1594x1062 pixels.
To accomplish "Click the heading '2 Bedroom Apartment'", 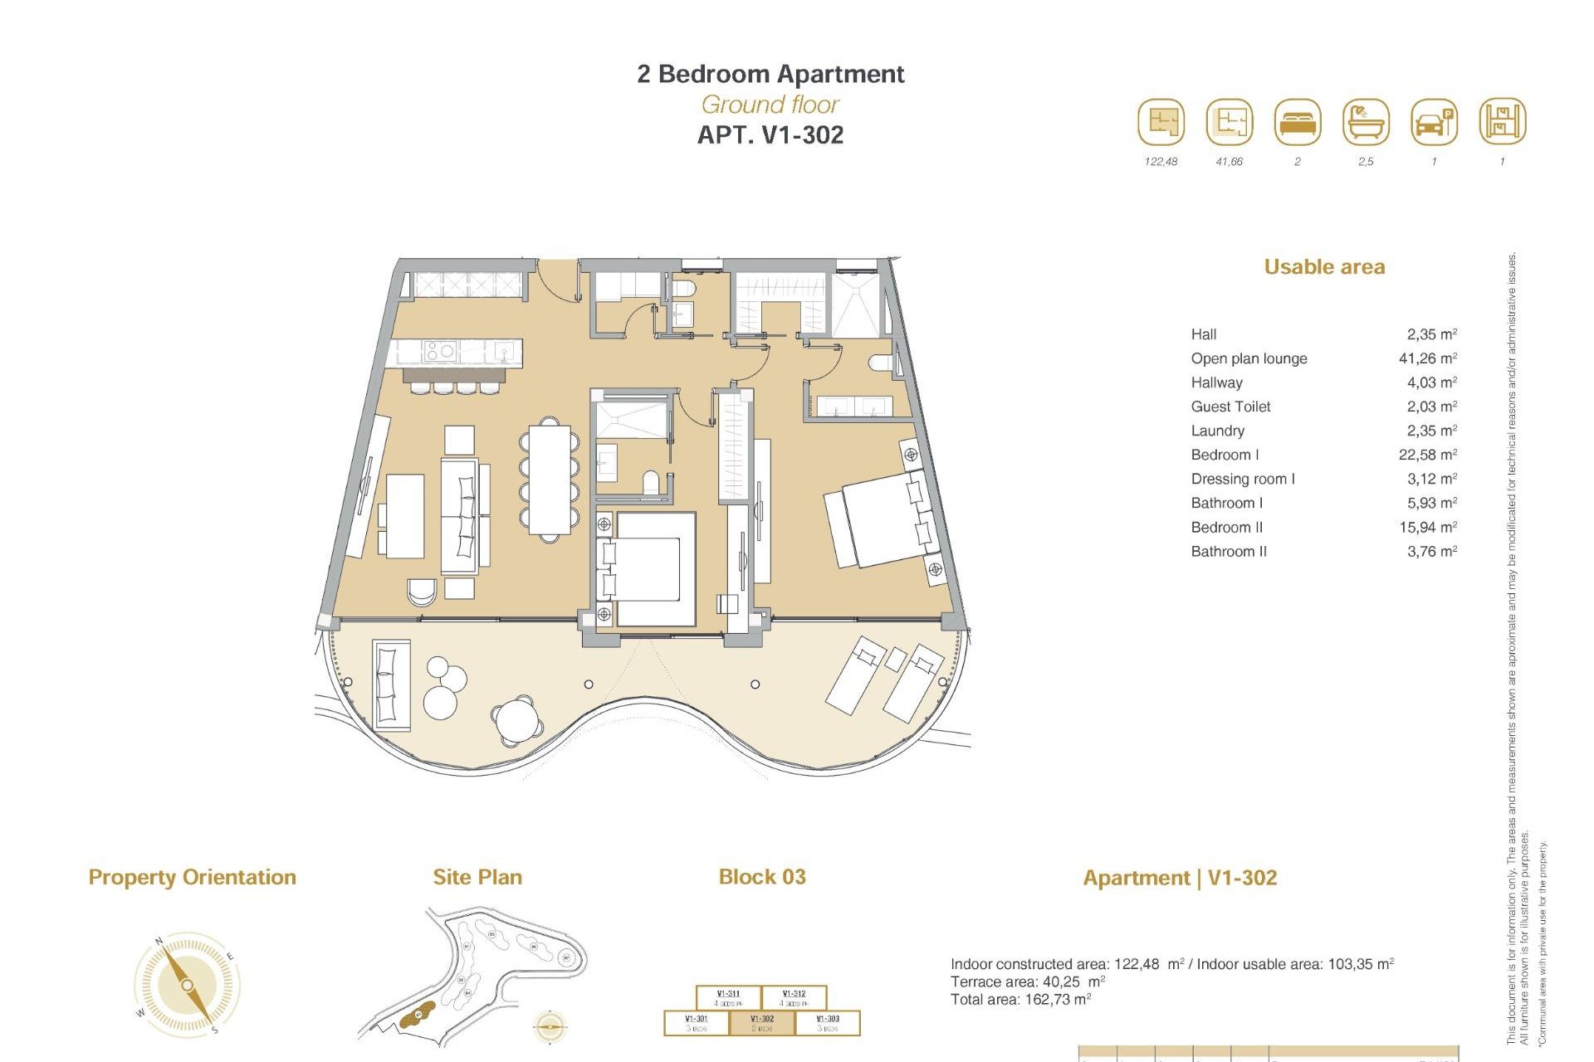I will (770, 74).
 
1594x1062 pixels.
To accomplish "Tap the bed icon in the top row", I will (1297, 122).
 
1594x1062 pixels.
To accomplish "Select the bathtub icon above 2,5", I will (1365, 122).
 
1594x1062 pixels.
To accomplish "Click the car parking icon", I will (1434, 122).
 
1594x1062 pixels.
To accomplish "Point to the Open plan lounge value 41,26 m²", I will (1427, 358).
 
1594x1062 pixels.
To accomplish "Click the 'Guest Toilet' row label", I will (1230, 407).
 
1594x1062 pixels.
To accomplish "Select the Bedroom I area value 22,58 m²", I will (1427, 455).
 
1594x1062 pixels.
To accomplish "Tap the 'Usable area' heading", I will (1324, 267).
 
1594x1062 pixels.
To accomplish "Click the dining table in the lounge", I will (550, 480).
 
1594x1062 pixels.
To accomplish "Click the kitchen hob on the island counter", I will (439, 352).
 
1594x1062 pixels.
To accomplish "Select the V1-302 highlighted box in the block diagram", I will (761, 1022).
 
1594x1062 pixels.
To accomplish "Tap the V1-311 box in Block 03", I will (728, 996).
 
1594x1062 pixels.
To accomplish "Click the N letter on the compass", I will (159, 941).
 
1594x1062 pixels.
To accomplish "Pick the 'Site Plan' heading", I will (477, 878).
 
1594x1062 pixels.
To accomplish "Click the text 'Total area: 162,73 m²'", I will (1020, 1000).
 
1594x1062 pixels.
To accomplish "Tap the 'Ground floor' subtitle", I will (770, 105).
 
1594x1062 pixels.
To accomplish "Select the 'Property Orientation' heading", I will (192, 878).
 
